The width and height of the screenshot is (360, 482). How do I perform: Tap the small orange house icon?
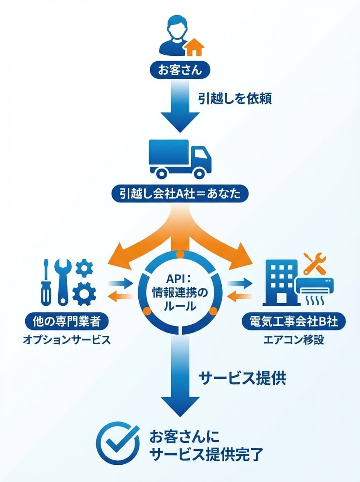click(194, 47)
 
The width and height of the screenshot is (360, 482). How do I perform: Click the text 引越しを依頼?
click(235, 98)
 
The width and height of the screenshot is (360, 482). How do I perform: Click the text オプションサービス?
click(66, 340)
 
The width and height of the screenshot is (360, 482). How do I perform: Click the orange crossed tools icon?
click(315, 263)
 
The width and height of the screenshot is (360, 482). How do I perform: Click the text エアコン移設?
click(293, 340)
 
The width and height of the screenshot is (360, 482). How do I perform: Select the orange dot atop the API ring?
click(180, 254)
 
